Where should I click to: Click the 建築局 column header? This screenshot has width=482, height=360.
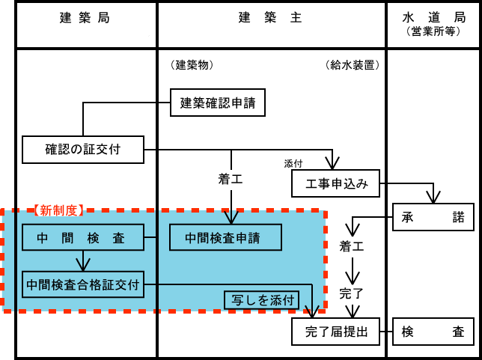85,18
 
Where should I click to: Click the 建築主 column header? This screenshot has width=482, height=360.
270,18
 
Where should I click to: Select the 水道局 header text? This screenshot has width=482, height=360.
433,16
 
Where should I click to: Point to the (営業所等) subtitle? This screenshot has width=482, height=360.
433,31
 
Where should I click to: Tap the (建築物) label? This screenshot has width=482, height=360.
192,65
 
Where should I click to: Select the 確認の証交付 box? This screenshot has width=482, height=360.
82,149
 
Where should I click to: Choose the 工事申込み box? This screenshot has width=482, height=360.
336,184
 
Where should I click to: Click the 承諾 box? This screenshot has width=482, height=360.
433,218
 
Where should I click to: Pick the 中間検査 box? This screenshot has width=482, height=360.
82,238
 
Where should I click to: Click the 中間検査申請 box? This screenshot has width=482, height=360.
225,238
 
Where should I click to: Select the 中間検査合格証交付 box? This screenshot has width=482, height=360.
83,284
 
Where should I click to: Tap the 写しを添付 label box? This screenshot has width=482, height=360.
262,301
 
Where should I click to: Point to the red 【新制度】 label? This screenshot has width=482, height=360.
59,211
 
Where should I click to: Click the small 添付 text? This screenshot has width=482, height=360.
293,163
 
